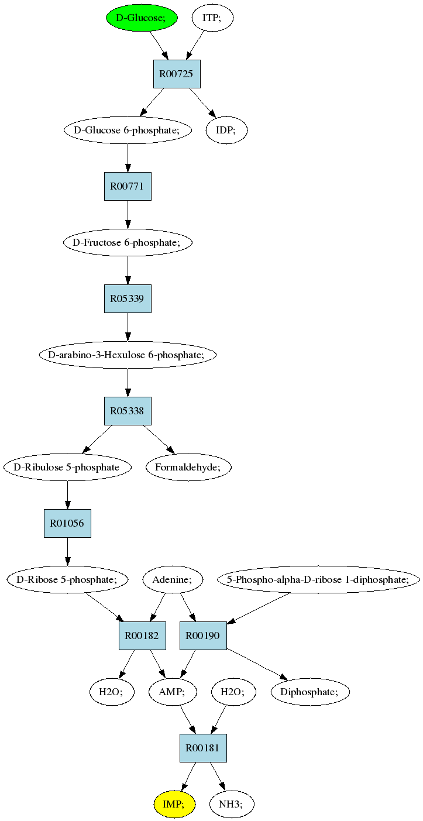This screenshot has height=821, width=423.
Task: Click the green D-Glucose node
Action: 142,18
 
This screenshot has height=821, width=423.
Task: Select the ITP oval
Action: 212,18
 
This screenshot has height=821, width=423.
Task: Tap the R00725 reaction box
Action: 177,74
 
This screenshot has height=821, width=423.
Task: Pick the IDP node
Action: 226,130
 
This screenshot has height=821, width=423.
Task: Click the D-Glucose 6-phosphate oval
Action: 128,130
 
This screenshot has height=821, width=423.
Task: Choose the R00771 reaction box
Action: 128,186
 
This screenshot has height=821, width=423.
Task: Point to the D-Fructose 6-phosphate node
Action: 128,242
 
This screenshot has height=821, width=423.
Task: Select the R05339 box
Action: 128,298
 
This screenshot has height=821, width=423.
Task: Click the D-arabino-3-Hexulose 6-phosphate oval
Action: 128,355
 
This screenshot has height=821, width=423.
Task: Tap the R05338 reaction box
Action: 128,411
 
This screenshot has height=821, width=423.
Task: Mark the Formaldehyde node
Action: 188,468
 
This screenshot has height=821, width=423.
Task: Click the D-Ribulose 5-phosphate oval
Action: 67,468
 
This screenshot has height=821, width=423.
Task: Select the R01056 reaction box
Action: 67,523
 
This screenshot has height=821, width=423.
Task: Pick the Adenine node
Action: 172,579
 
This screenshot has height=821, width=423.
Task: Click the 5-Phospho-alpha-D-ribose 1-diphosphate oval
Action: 318,579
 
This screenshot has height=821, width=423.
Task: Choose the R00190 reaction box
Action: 203,636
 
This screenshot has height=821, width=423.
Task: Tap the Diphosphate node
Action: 310,692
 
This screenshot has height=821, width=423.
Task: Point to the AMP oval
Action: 173,692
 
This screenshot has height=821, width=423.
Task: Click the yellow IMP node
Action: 174,805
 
